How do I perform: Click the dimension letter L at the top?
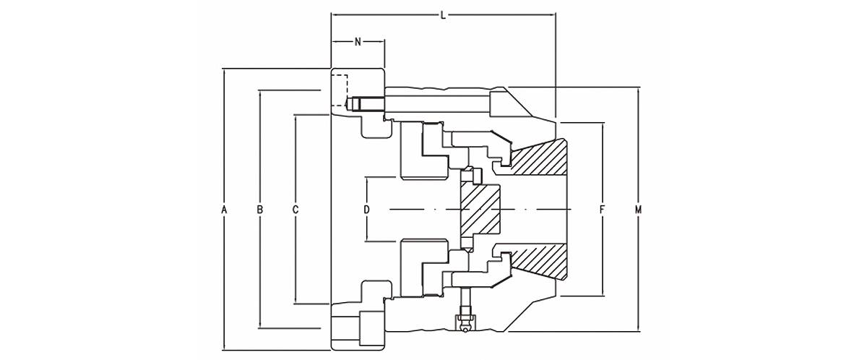[x=444, y=15]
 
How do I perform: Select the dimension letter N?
[x=358, y=42]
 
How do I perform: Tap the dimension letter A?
[x=224, y=210]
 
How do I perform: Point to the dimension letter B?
[x=259, y=210]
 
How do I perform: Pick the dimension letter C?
[x=296, y=210]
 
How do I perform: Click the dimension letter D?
[x=366, y=210]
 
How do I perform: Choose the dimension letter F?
[x=602, y=210]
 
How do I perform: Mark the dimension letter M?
[x=638, y=210]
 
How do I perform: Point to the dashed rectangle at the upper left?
[x=340, y=90]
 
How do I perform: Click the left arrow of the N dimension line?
[x=333, y=41]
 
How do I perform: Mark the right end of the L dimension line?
[x=555, y=14]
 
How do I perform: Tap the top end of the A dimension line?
[x=224, y=69]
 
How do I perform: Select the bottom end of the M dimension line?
[x=638, y=331]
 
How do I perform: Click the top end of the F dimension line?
[x=603, y=124]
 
